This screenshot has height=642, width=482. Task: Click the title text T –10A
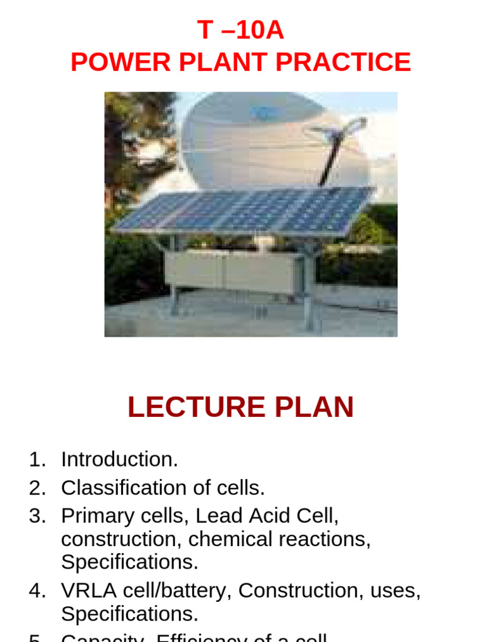point(240,30)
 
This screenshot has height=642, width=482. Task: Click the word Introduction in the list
point(119,460)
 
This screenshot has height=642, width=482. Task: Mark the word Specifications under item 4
point(129,613)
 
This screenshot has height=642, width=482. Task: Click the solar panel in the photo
point(245,212)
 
